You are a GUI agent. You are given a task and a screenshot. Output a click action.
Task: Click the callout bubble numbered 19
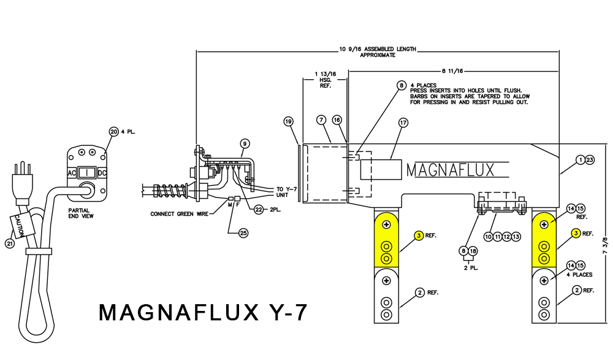(x=289, y=121)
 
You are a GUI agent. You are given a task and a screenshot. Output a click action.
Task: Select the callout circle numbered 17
(x=403, y=123)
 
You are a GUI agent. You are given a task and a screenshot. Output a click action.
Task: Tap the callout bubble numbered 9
(x=245, y=144)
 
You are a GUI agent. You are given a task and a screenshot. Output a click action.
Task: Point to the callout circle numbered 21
(x=9, y=244)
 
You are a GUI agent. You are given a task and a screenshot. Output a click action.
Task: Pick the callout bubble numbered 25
(x=244, y=234)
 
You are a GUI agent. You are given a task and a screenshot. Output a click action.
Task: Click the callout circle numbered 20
(x=113, y=131)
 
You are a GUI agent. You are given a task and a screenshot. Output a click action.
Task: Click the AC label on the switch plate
(x=71, y=174)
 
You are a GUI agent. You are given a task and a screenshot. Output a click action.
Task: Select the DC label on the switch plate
(x=102, y=174)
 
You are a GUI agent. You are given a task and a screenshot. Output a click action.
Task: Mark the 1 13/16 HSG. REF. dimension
(x=325, y=80)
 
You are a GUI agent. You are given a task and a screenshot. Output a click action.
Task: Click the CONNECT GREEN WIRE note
(x=179, y=214)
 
